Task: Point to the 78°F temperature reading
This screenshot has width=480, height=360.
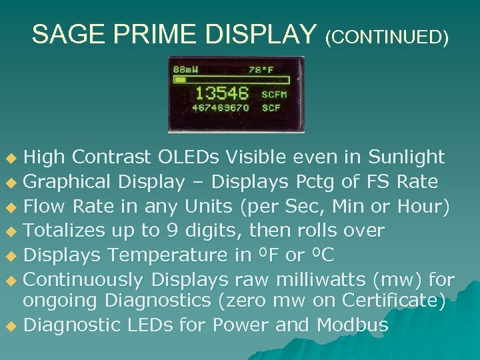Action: coord(262,70)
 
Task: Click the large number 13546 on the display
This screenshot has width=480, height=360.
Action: coord(221,93)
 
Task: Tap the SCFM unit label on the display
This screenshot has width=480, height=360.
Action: coord(274,94)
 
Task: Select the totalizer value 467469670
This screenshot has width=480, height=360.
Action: coord(220,107)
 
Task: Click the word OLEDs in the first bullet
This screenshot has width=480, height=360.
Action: coord(189,157)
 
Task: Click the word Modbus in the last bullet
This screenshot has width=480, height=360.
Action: coord(353,325)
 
